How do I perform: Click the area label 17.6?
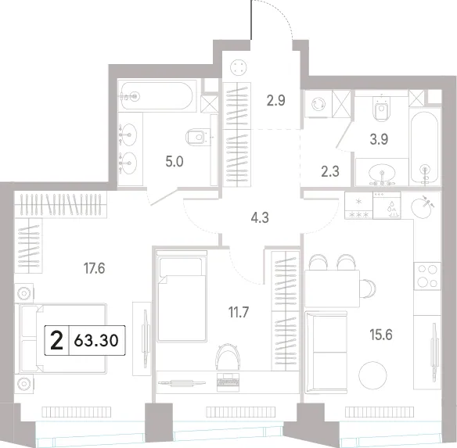[94, 268]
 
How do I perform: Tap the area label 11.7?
[239, 312]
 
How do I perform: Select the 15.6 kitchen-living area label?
[381, 335]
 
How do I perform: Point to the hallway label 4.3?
[260, 217]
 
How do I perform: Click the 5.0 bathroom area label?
[175, 161]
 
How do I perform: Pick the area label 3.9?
[379, 139]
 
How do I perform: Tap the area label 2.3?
[330, 171]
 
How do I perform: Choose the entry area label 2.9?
[276, 101]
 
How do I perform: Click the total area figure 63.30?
[96, 340]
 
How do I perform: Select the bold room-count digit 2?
[56, 340]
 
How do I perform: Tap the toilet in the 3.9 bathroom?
[382, 109]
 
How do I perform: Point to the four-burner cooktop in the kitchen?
[427, 276]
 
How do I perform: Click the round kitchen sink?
[422, 206]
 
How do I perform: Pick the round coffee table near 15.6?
[372, 375]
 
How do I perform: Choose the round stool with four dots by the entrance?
[239, 67]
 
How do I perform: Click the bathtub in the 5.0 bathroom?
[157, 96]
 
